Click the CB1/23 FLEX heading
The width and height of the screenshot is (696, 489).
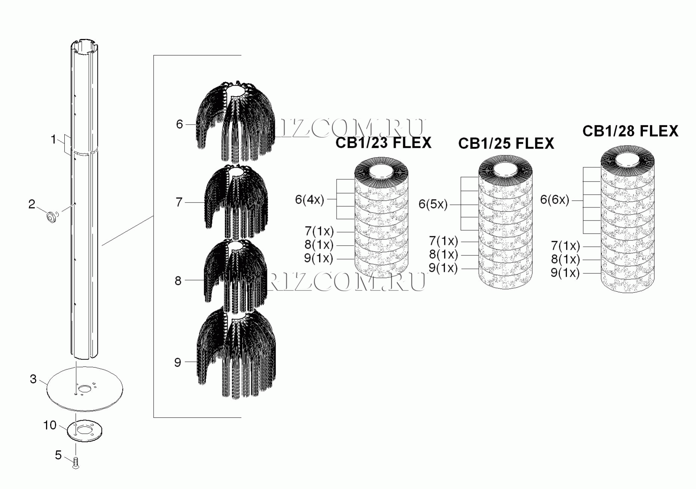tap(383, 143)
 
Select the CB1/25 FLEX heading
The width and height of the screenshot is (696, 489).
tap(506, 143)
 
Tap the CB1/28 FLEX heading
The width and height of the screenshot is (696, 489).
tap(630, 131)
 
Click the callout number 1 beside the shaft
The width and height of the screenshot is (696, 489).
tap(53, 139)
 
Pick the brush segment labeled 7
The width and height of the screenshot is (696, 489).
tap(236, 202)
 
